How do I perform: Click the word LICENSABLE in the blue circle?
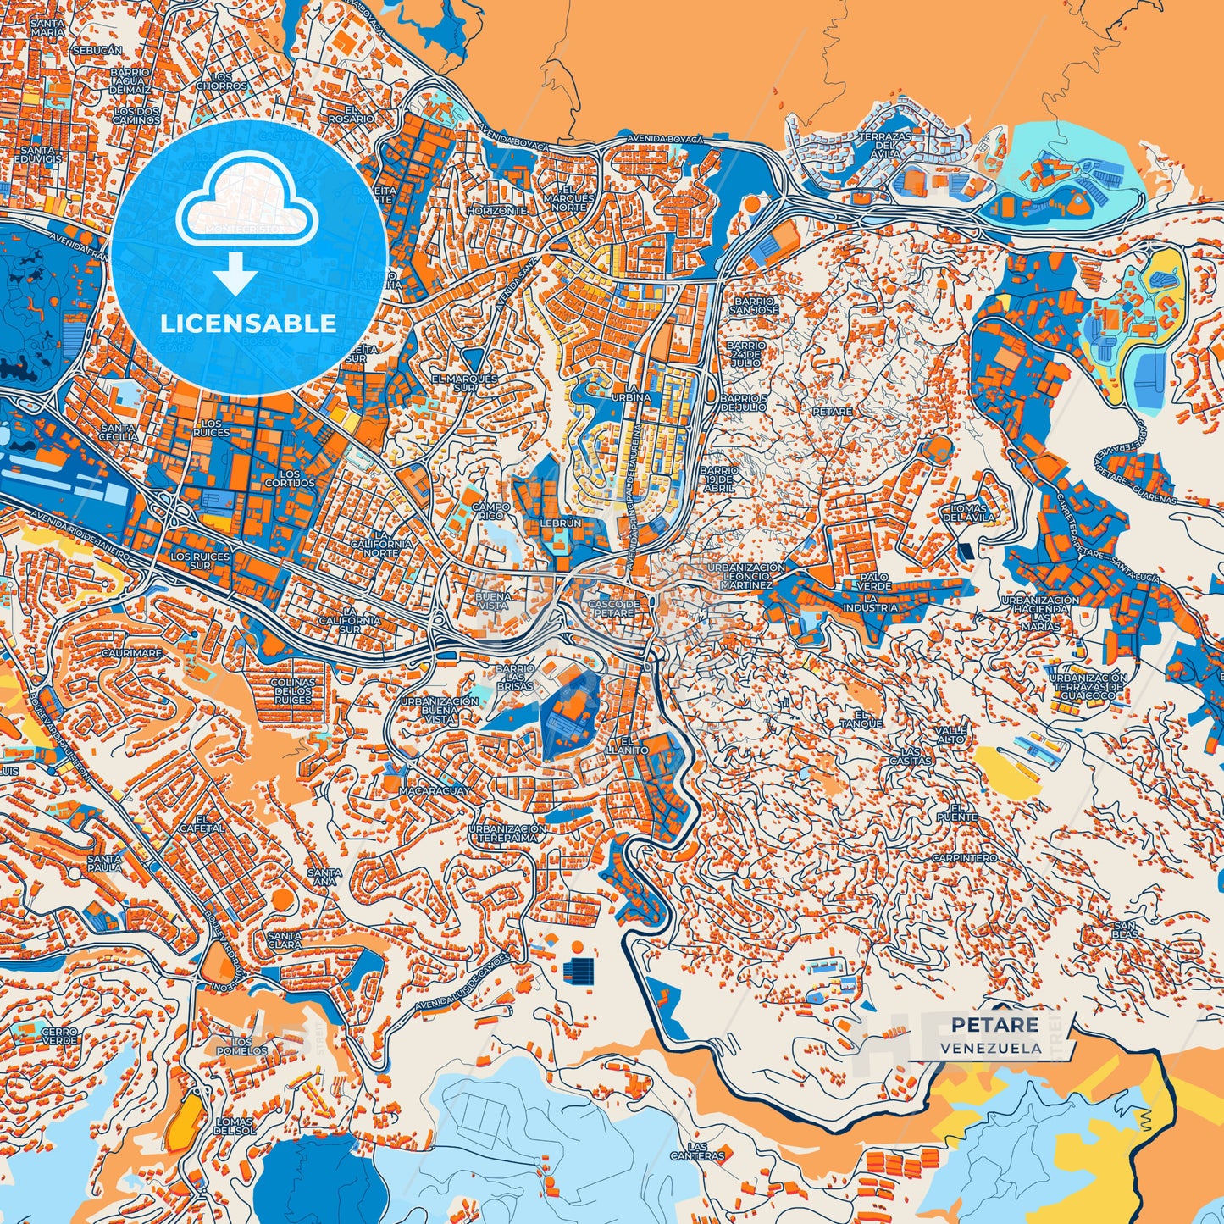coord(248,324)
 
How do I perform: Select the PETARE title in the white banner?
coord(994,1025)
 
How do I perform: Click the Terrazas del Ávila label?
coord(884,145)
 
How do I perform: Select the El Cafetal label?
coord(209,823)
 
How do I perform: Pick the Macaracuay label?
coord(436,790)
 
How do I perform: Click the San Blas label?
coord(1126,929)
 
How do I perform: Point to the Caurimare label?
coord(131,654)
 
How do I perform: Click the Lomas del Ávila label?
coord(963,512)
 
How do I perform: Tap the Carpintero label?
coord(964,858)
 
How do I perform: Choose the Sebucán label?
coord(97,51)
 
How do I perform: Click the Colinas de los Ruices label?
coord(292,691)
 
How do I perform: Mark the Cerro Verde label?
coord(59,1036)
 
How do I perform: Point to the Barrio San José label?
coord(753,306)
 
